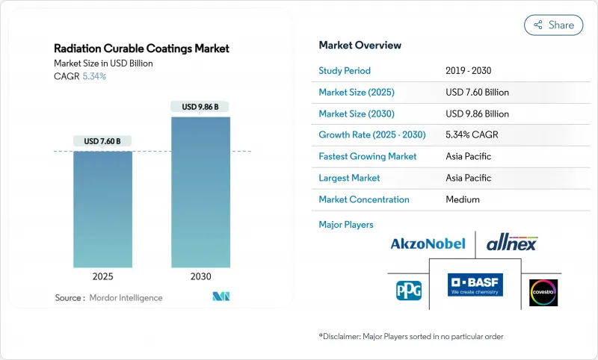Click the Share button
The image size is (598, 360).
click(x=554, y=25)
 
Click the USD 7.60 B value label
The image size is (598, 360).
click(x=102, y=140)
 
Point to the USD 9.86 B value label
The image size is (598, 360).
click(x=200, y=107)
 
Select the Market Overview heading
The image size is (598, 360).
click(x=360, y=45)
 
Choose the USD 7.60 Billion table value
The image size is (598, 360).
click(x=477, y=93)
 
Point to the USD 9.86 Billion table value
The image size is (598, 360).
click(x=477, y=114)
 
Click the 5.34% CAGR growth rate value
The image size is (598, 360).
click(x=472, y=135)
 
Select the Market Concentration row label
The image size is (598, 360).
click(x=364, y=199)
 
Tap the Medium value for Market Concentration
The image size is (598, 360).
click(x=463, y=199)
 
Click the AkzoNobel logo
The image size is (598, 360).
click(x=428, y=243)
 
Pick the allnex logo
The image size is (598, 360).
click(x=511, y=243)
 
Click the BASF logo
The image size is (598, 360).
click(x=475, y=285)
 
